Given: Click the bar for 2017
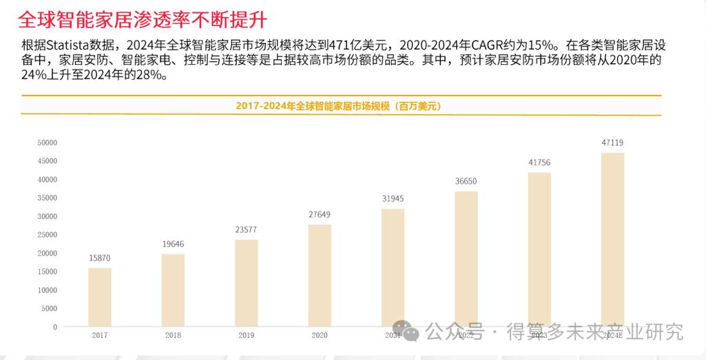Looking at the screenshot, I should coord(99,297).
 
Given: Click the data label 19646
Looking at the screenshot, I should coord(173,244).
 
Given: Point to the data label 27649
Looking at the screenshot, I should coord(319,214).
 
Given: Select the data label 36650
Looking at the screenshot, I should coord(466,181).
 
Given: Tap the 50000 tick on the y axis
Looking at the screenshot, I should coord(47,142).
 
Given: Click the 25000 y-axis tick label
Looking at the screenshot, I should coord(47,235).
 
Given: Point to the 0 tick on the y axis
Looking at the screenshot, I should coord(54,326).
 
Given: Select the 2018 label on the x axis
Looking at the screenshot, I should coord(173,335).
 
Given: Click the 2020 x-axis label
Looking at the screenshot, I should coord(319,335).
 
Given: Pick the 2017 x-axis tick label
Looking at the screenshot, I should coord(100,335).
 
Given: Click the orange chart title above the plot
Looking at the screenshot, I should coord(338,106).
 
